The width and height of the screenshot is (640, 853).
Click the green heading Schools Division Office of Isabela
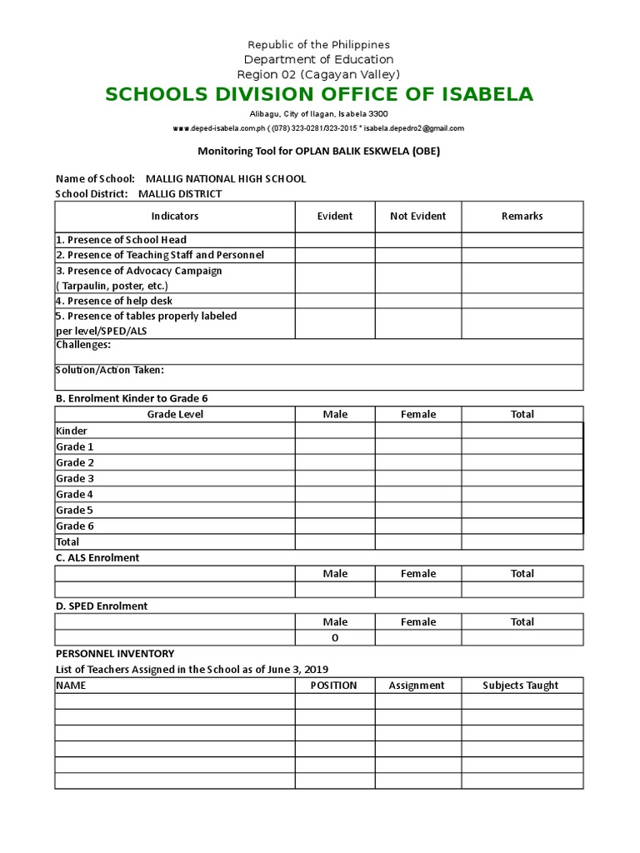319,94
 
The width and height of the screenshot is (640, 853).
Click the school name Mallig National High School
225,178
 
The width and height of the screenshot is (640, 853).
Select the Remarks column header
522,216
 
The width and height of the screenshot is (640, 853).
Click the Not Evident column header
417,216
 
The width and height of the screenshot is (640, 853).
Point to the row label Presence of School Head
121,240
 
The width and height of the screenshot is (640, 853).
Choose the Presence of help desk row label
114,301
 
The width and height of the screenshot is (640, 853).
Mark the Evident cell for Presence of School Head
334,240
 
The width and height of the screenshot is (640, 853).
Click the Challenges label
83,345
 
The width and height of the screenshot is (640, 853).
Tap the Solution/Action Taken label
110,370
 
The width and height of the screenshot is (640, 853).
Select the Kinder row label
72,431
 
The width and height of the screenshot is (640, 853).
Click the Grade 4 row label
74,494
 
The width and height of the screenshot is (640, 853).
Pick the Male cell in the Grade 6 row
334,526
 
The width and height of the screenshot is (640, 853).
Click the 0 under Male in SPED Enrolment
335,638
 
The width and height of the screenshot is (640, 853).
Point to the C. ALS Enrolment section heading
97,557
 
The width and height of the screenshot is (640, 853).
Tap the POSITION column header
333,685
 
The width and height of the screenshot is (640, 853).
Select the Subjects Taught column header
521,685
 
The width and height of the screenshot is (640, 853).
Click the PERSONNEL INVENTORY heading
115,654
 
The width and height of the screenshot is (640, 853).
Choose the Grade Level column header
175,414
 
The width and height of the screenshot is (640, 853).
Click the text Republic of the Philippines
319,44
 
